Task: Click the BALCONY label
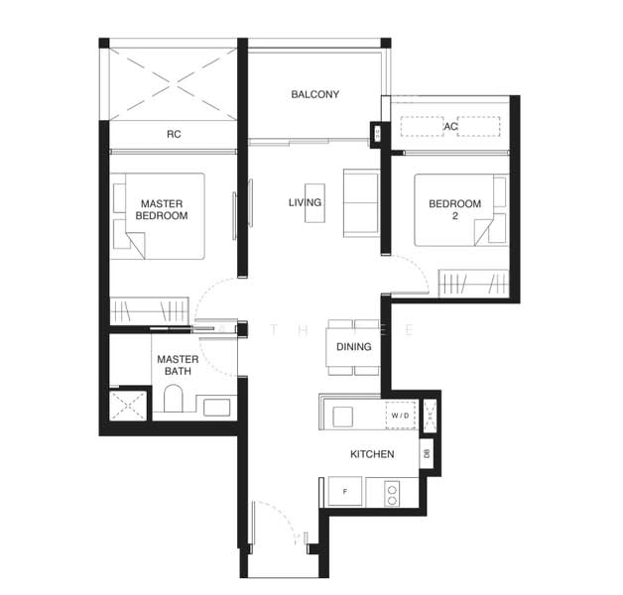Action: (314, 95)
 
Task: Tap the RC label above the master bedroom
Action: (174, 134)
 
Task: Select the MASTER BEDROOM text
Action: (161, 209)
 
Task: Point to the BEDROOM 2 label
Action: (453, 209)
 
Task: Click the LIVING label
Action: (305, 203)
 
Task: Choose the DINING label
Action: (354, 347)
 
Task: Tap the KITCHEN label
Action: (372, 454)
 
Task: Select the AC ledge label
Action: (450, 127)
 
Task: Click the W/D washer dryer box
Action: (401, 415)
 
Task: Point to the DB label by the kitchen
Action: (427, 453)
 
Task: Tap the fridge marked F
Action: (344, 490)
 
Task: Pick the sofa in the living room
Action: (360, 203)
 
